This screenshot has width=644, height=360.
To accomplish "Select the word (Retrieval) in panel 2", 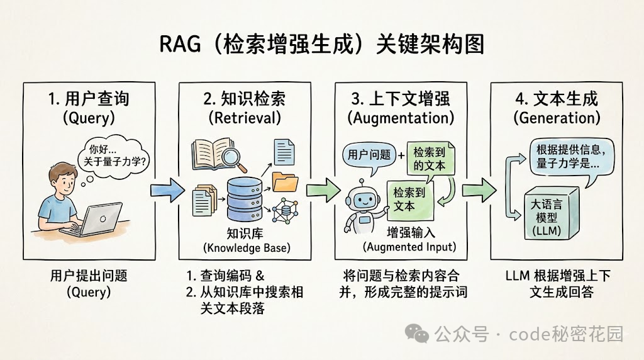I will click(245, 118).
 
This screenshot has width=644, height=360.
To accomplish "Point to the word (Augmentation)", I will click(401, 118).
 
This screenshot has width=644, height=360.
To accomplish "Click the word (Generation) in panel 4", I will click(557, 118).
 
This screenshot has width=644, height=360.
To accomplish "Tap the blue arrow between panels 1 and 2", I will click(167, 188).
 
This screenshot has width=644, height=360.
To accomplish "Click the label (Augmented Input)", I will click(409, 246).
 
